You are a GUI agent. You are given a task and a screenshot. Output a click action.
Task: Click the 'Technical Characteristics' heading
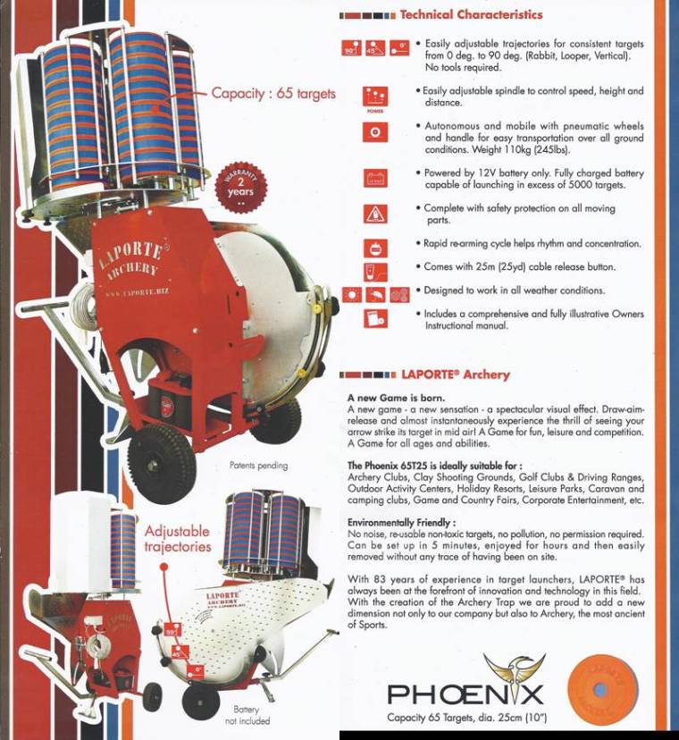click(x=470, y=14)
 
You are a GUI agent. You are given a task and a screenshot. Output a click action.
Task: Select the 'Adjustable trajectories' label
click(x=177, y=539)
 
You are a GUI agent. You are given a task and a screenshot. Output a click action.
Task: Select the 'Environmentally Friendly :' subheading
click(x=402, y=522)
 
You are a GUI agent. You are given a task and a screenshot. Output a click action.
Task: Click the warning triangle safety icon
click(x=375, y=214)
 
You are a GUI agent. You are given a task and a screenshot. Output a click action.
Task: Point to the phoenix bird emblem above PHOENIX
click(x=514, y=669)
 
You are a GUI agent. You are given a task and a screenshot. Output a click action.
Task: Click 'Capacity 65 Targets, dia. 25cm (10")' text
click(x=466, y=718)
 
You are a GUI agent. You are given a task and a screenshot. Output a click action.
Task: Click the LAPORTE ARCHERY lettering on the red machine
click(x=132, y=258)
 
